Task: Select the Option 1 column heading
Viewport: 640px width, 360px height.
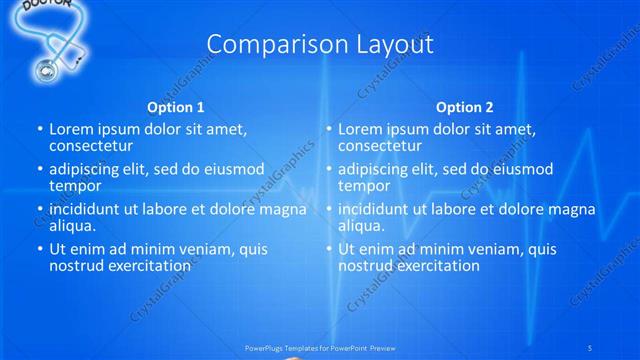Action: point(176,107)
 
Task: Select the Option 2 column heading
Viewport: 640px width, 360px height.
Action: point(464,107)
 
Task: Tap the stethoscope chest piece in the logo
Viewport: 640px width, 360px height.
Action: point(46,69)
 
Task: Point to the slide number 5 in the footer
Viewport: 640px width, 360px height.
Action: point(590,347)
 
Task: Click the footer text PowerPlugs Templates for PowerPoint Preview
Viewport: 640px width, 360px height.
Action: point(320,347)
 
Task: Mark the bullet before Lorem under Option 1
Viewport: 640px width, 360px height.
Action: point(40,130)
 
